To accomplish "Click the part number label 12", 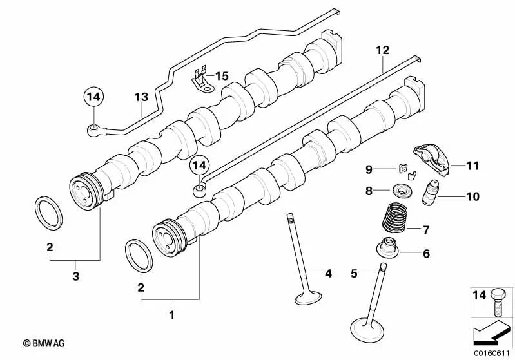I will pyautogui.click(x=383, y=50).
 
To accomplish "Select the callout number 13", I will pyautogui.click(x=141, y=97).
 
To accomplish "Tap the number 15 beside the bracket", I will pyautogui.click(x=222, y=76).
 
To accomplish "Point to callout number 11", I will pyautogui.click(x=472, y=166).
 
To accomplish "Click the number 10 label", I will pyautogui.click(x=472, y=196).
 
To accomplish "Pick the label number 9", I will pyautogui.click(x=369, y=170).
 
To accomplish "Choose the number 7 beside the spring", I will pyautogui.click(x=425, y=229).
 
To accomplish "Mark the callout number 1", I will pyautogui.click(x=171, y=315).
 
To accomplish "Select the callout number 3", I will pyautogui.click(x=75, y=277).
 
